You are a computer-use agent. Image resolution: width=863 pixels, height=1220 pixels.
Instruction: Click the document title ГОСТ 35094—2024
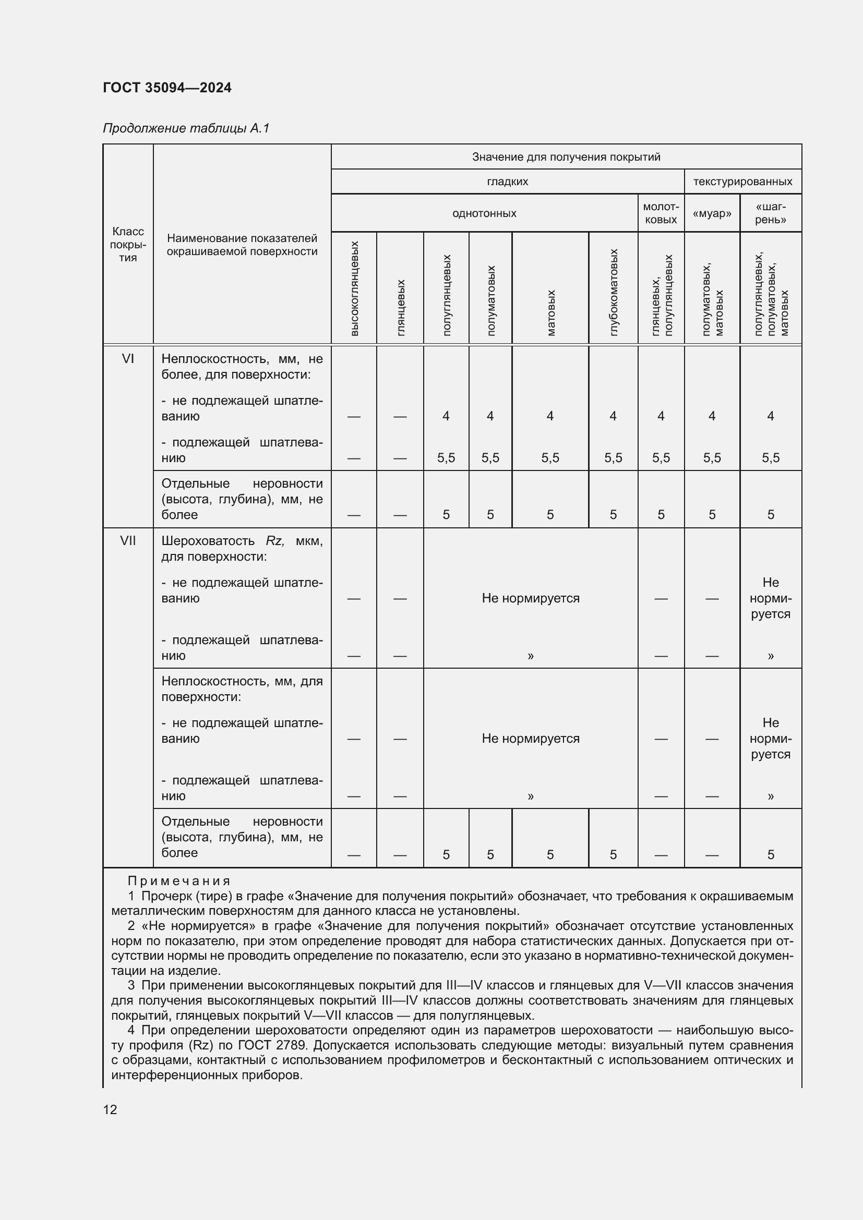[x=167, y=88]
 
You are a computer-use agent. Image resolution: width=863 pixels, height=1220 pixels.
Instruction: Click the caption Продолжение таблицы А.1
[x=186, y=128]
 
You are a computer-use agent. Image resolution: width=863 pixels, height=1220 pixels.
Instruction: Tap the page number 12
[x=110, y=1109]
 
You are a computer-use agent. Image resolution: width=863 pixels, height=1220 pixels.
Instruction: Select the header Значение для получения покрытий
[x=566, y=157]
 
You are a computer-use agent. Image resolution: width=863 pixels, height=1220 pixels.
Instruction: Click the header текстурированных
[x=742, y=182]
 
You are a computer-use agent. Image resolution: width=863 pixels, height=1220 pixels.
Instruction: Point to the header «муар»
[x=712, y=214]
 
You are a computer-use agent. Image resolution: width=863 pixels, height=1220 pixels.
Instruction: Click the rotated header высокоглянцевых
[x=354, y=288]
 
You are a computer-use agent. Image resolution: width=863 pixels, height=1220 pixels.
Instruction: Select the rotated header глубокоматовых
[x=613, y=292]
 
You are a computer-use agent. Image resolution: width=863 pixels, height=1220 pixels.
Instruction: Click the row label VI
[x=128, y=359]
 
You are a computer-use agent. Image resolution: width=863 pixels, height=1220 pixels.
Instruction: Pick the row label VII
[x=128, y=541]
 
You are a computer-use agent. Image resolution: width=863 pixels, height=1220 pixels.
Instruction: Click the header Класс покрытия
[x=128, y=245]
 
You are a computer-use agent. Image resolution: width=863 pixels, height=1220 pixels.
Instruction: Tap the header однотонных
[x=484, y=214]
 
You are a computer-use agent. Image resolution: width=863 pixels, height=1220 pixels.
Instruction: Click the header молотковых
[x=661, y=213]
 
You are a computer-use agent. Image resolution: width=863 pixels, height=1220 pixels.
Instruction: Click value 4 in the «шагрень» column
[x=770, y=416]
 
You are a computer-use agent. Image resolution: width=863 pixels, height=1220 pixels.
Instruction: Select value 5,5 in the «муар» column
[x=712, y=458]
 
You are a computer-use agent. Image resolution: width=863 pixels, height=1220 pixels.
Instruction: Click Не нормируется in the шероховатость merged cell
[x=530, y=598]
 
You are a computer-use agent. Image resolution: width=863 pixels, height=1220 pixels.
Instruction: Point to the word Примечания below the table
[x=179, y=881]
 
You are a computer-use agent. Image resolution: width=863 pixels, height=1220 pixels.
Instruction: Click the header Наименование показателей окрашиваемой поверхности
[x=242, y=245]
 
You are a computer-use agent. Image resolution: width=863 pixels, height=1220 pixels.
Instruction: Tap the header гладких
[x=507, y=182]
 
